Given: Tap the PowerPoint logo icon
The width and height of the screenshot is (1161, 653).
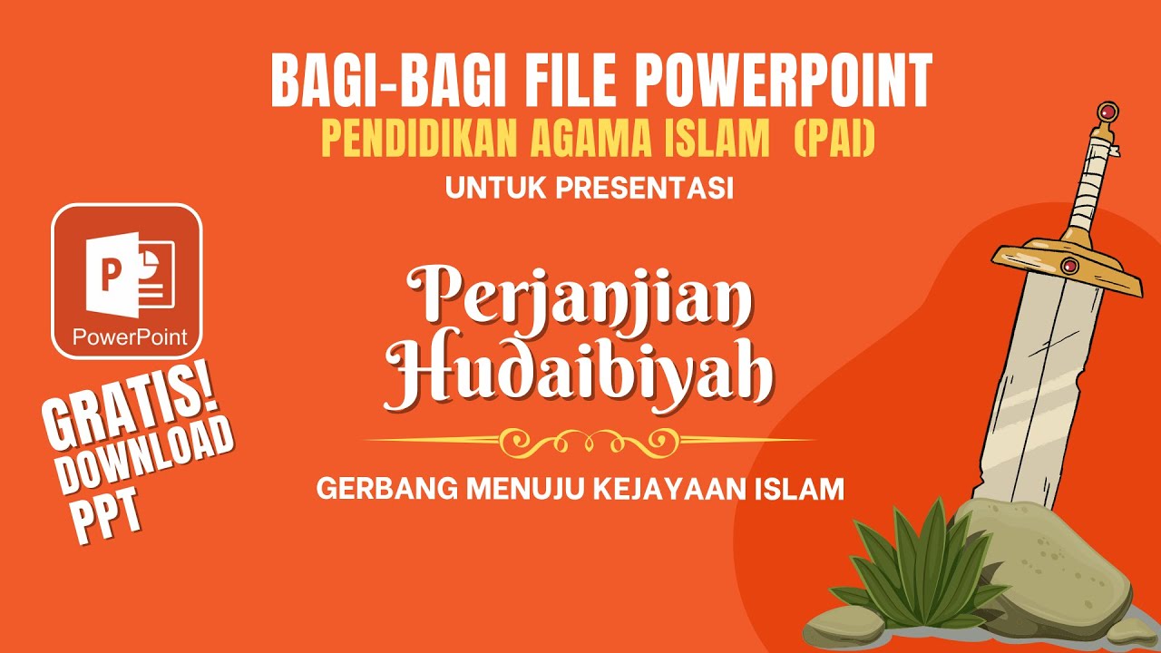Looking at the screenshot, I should [126, 280].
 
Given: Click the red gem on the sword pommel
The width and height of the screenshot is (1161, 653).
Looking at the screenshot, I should [1107, 113].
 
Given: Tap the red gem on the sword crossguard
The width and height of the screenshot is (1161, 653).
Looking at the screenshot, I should [1069, 265].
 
